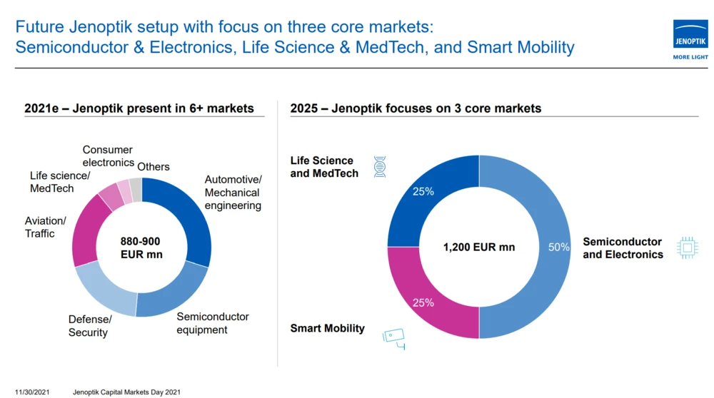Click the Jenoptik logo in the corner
pyautogui.click(x=690, y=39)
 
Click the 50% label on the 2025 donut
pyautogui.click(x=558, y=247)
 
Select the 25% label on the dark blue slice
pyautogui.click(x=423, y=192)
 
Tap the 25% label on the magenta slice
pyautogui.click(x=423, y=302)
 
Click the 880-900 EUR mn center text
pyautogui.click(x=141, y=247)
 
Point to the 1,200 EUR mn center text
pyautogui.click(x=478, y=248)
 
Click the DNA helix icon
pyautogui.click(x=380, y=167)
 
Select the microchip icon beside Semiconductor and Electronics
pyautogui.click(x=687, y=248)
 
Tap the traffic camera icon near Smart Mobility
pyautogui.click(x=393, y=337)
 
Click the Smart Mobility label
pyautogui.click(x=327, y=328)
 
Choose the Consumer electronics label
pyautogui.click(x=108, y=156)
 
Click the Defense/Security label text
pyautogui.click(x=89, y=325)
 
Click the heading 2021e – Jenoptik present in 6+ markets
pyautogui.click(x=139, y=108)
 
